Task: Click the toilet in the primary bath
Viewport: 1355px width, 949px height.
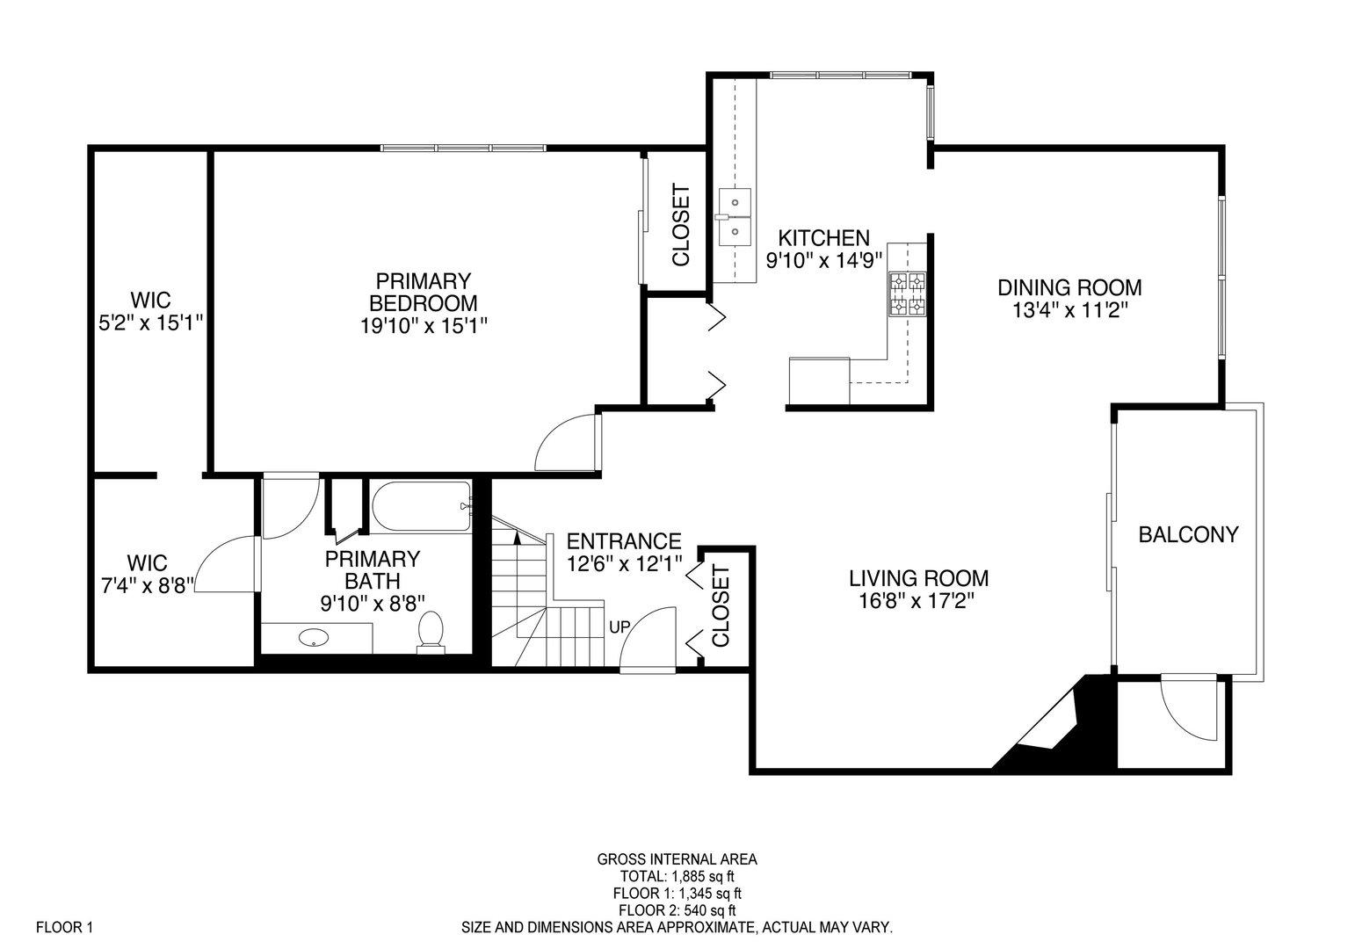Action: click(x=431, y=632)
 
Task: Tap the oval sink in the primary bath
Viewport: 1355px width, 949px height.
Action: click(x=312, y=637)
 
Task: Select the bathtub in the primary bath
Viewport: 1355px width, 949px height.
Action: click(x=422, y=506)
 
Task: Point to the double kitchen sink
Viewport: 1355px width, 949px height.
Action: click(x=733, y=217)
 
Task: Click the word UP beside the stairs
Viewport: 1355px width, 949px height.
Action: click(x=620, y=627)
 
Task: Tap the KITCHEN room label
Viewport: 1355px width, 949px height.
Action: click(x=824, y=237)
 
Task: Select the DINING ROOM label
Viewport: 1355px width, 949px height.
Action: click(x=1069, y=287)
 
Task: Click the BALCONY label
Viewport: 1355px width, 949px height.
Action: click(x=1188, y=534)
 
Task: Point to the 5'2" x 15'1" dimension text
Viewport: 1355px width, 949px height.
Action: click(x=150, y=322)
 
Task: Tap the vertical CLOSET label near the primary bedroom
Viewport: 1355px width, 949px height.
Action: click(x=680, y=225)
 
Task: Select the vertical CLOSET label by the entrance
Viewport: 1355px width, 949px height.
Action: click(x=721, y=606)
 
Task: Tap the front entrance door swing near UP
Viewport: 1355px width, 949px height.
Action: click(x=646, y=637)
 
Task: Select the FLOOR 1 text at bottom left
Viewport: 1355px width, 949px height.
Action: click(x=64, y=927)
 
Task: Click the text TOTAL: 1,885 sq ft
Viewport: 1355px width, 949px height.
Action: click(x=677, y=876)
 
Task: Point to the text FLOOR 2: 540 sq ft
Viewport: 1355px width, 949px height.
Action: click(x=677, y=910)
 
